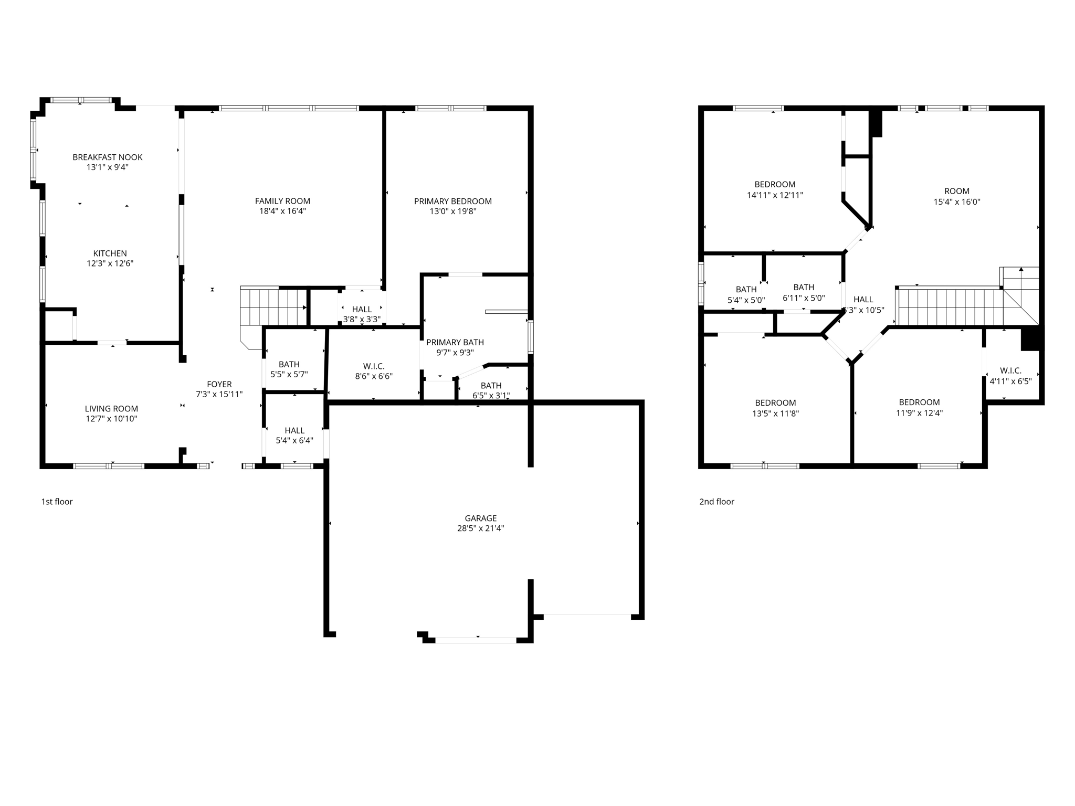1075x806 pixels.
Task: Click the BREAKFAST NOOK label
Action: (x=107, y=157)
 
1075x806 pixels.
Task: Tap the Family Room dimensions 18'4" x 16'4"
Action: (x=282, y=211)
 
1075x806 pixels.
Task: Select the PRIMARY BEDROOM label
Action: (x=452, y=201)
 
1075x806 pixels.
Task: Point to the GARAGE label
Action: (x=480, y=518)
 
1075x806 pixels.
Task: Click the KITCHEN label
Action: (x=110, y=253)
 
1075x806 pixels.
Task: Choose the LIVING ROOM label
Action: (x=111, y=409)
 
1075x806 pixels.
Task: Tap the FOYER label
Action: (x=219, y=384)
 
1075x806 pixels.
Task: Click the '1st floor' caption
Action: (x=57, y=502)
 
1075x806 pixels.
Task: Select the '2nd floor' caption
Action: (x=716, y=502)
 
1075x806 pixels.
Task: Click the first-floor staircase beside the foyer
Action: (x=273, y=306)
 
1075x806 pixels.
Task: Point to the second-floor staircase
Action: (x=950, y=307)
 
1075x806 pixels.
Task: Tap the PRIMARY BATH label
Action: (x=455, y=343)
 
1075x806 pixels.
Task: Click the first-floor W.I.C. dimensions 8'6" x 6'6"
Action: (x=374, y=376)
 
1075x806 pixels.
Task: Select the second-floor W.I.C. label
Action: (x=1010, y=370)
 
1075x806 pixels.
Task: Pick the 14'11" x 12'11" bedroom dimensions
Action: (x=775, y=195)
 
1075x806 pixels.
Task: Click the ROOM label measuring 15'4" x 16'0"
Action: (x=956, y=192)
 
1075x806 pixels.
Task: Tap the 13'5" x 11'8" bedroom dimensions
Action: (x=775, y=413)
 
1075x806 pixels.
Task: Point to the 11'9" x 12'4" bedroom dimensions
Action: (x=919, y=413)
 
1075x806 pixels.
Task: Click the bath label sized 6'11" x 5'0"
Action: (x=804, y=288)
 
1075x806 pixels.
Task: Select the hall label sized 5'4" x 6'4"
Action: (x=294, y=431)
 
